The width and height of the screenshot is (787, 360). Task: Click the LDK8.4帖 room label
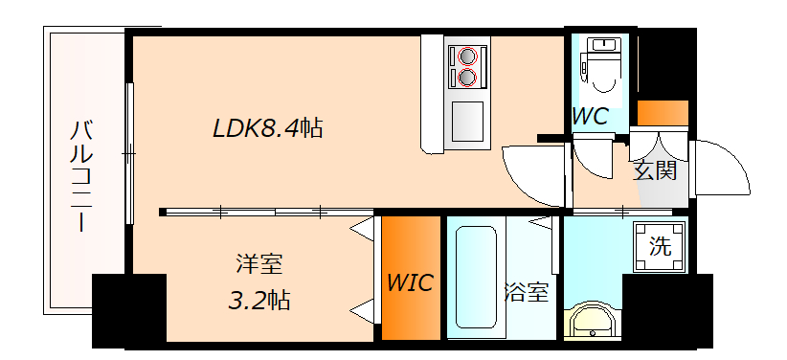(x=267, y=128)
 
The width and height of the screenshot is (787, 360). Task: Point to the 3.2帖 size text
(x=259, y=300)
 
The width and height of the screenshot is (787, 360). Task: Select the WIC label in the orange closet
(x=410, y=282)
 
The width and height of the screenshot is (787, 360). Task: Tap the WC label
(x=591, y=117)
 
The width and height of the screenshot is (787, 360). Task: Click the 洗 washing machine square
(x=661, y=244)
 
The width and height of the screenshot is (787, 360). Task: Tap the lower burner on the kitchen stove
(x=467, y=77)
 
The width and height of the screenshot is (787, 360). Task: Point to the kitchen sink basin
(x=468, y=121)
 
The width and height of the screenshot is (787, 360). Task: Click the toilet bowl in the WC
(x=604, y=77)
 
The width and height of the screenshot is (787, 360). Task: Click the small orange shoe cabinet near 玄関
(x=663, y=112)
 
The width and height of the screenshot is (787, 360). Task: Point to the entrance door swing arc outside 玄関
(x=723, y=170)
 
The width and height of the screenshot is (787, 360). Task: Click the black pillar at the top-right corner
(x=667, y=63)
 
